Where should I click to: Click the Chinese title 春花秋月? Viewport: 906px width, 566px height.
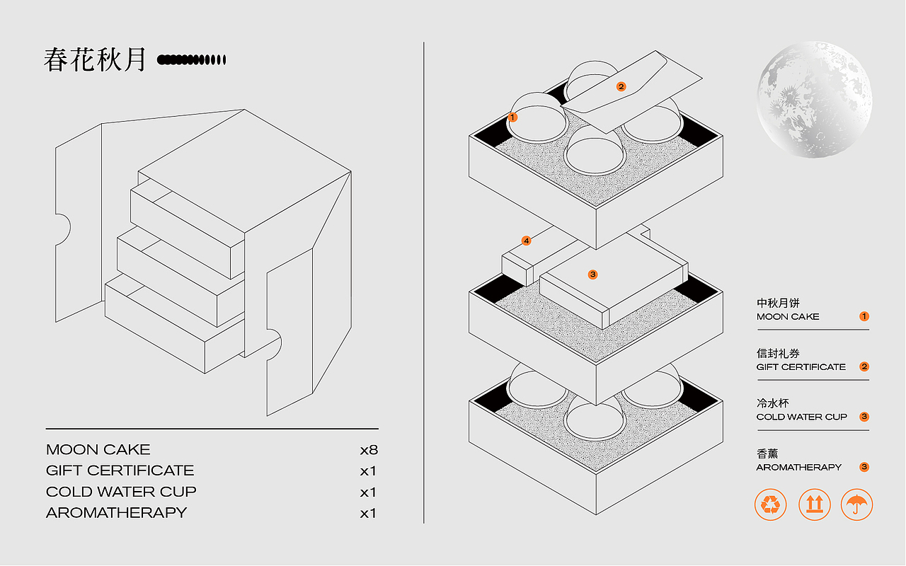pos(95,60)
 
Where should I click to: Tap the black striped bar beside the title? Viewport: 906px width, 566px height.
pos(191,60)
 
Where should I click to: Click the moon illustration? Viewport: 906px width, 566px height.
pos(814,100)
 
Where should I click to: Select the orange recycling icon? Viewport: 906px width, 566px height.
pos(771,504)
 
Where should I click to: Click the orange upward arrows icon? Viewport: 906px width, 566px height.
pos(814,504)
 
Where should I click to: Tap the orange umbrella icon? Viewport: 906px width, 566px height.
pos(856,504)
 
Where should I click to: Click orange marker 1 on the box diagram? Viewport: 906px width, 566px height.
pos(512,117)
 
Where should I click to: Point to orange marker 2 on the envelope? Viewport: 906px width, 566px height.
pos(621,86)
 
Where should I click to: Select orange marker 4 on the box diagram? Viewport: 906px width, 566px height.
pos(526,241)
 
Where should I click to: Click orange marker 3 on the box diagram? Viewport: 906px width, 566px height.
pos(593,275)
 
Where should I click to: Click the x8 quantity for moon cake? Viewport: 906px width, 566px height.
pos(369,450)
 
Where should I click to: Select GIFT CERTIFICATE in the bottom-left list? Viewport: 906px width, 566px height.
pos(120,470)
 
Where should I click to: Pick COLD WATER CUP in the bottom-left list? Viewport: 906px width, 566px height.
pos(121,492)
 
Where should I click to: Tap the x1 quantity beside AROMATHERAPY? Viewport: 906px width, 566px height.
pos(368,514)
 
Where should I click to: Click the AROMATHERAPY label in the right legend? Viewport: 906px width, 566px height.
pos(799,468)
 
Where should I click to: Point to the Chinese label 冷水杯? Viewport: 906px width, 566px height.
pos(772,403)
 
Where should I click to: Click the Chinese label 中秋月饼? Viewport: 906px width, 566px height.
pos(778,303)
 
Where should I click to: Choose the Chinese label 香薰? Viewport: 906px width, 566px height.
pos(767,454)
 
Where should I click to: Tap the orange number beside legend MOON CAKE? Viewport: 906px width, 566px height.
pos(864,316)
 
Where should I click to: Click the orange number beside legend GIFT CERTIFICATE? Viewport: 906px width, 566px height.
pos(864,366)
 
